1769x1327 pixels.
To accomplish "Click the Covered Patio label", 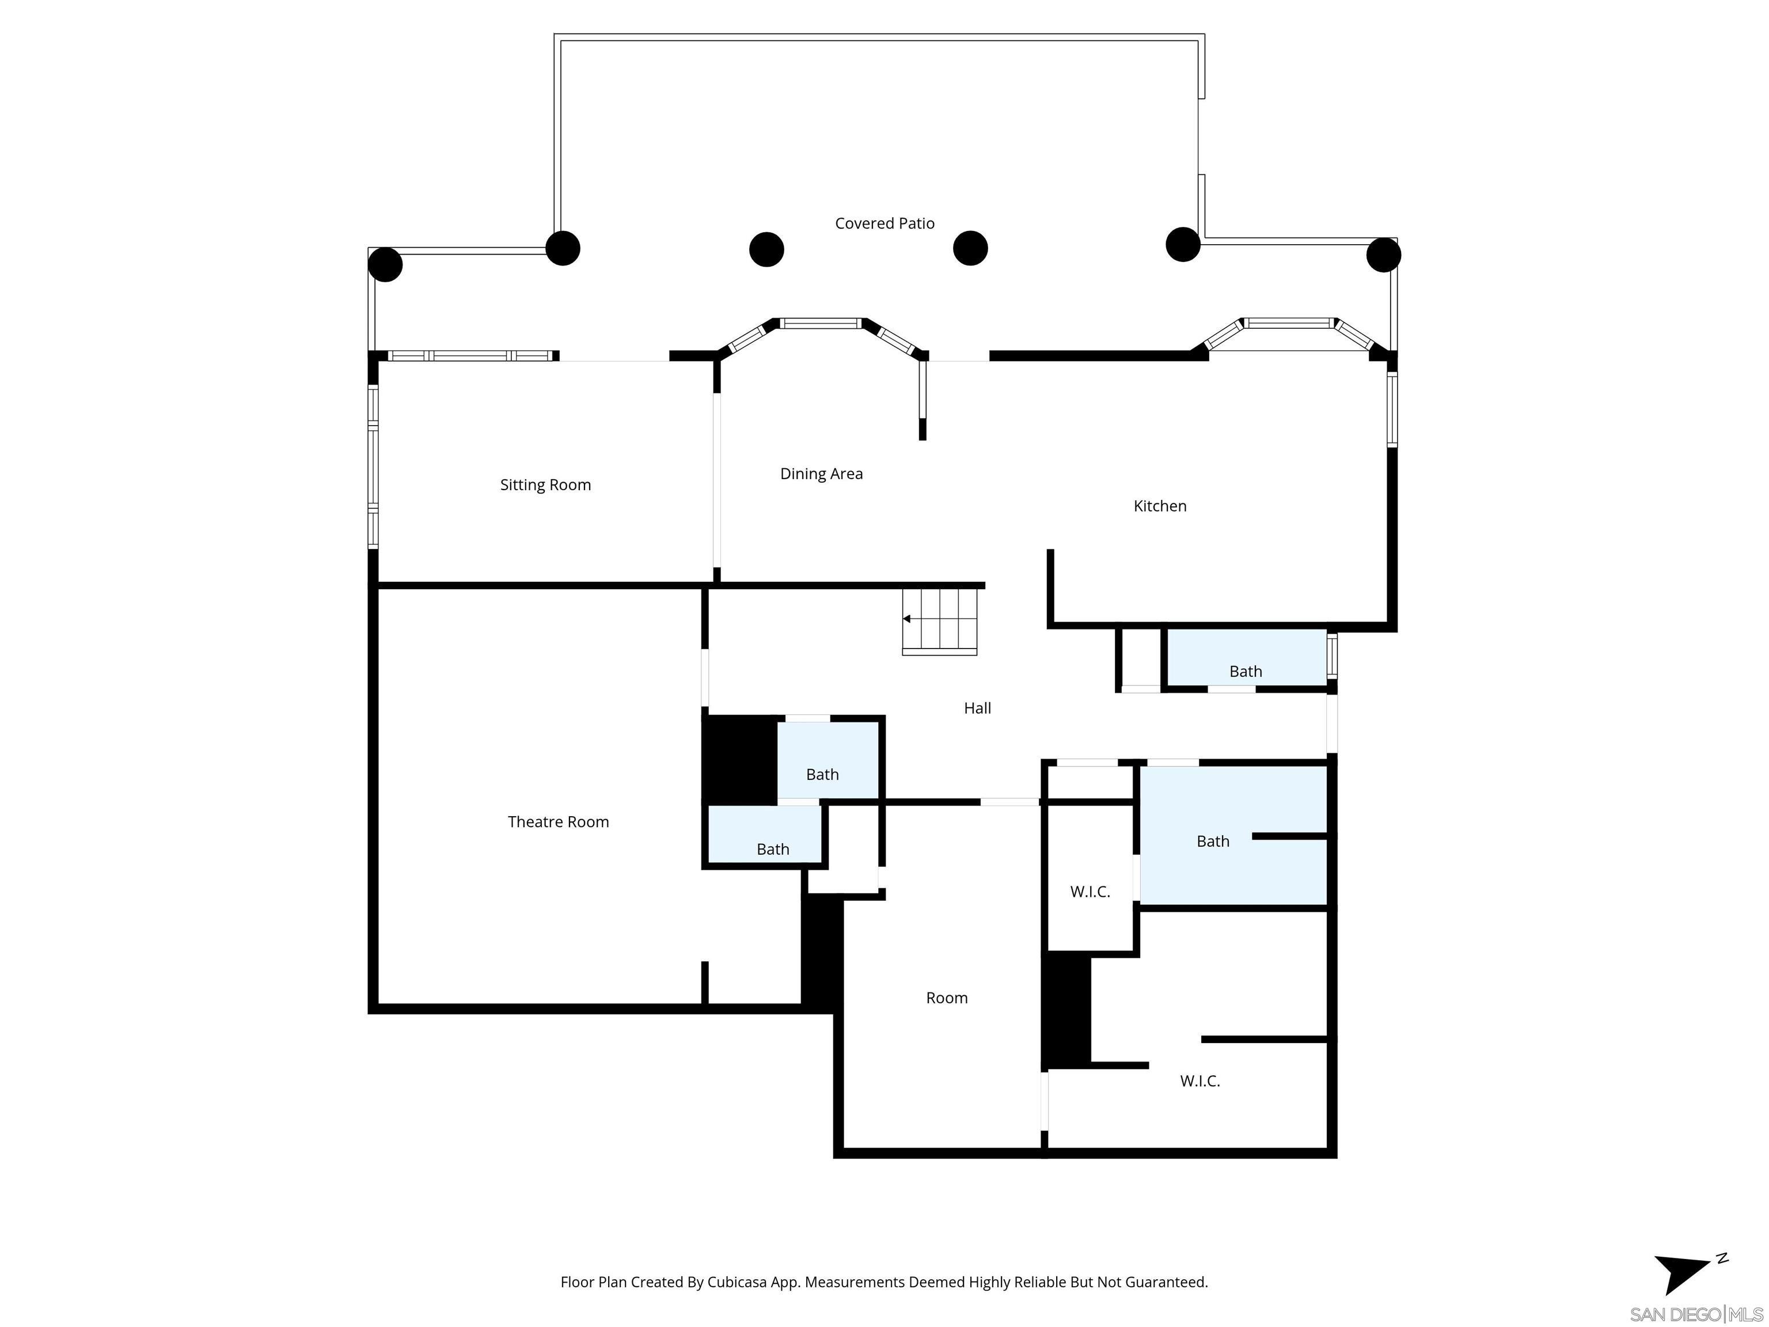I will tap(884, 223).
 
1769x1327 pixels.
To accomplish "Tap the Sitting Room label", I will tap(545, 485).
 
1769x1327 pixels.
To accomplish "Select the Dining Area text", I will tap(821, 473).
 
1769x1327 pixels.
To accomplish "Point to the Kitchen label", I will tap(1160, 506).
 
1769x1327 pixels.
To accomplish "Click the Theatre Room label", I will tap(558, 821).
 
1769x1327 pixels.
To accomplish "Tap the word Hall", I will tap(977, 708).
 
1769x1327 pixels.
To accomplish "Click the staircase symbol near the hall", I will tap(940, 621).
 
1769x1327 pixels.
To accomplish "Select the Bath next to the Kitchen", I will tap(1245, 671).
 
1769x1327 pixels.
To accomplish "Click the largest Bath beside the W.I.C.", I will tap(1212, 841).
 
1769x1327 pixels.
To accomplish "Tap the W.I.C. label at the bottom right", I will tap(1199, 1080).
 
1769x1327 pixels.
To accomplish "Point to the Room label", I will tap(947, 998).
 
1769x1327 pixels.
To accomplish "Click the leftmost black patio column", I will tap(385, 264).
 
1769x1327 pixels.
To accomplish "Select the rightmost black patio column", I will tap(1384, 255).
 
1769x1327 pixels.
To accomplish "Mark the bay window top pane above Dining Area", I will tap(821, 323).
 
